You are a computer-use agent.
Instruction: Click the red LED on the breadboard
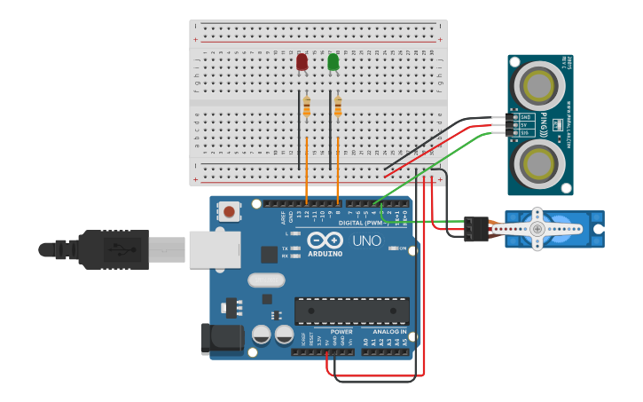point(302,61)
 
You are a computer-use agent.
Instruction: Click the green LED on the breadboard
point(333,61)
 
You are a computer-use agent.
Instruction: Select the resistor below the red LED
point(307,106)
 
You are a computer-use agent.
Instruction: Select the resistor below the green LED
point(338,106)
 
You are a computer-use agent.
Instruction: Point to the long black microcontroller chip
point(352,311)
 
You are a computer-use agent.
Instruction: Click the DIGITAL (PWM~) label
point(362,223)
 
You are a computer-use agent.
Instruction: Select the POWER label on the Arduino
point(341,331)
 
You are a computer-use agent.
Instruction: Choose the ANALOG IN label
point(389,331)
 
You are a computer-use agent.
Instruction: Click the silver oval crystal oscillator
point(266,280)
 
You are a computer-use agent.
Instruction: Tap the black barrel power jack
point(222,339)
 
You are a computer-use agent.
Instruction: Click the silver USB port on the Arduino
point(214,249)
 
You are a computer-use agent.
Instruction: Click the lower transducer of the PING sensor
point(539,164)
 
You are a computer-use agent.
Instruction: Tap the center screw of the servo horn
point(537,229)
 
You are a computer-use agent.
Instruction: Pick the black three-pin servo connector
point(477,229)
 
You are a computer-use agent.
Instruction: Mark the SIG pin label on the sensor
point(525,133)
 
